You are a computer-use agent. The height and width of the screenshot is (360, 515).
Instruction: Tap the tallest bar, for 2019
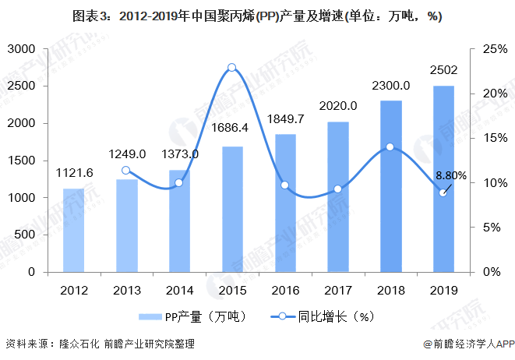(x=443, y=178)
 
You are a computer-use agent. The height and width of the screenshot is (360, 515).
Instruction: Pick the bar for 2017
(x=338, y=196)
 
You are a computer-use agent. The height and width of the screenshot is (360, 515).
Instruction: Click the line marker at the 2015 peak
(x=232, y=68)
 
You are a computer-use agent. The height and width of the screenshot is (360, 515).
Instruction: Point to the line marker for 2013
(x=126, y=170)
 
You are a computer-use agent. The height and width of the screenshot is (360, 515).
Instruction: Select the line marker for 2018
(x=390, y=146)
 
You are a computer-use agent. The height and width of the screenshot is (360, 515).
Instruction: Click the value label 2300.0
(x=390, y=84)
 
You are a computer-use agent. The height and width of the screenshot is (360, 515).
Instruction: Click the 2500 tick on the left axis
(x=24, y=86)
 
